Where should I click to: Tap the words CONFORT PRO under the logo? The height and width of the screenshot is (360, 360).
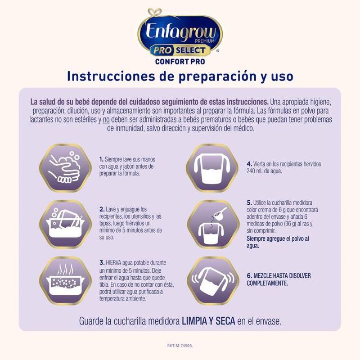(x=180, y=62)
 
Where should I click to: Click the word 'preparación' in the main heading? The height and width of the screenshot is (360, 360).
(x=217, y=77)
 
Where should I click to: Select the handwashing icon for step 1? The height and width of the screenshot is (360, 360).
(x=65, y=168)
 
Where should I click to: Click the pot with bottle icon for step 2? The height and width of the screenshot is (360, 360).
(x=65, y=224)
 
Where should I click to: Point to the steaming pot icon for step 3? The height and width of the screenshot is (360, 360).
(x=65, y=280)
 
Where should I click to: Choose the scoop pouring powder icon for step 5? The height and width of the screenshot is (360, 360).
(x=213, y=224)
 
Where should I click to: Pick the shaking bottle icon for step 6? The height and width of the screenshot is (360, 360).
(x=213, y=280)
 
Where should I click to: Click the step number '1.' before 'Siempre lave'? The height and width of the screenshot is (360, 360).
(x=101, y=159)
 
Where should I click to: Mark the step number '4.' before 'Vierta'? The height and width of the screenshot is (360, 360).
(x=249, y=164)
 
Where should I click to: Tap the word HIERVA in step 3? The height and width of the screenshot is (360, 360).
(x=113, y=263)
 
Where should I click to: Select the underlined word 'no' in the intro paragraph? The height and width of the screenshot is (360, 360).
(x=106, y=120)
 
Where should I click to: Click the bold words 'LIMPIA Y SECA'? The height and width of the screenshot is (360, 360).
(x=208, y=321)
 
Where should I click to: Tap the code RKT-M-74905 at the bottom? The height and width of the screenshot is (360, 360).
(x=180, y=346)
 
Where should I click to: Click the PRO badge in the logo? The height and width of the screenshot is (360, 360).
(x=162, y=50)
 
